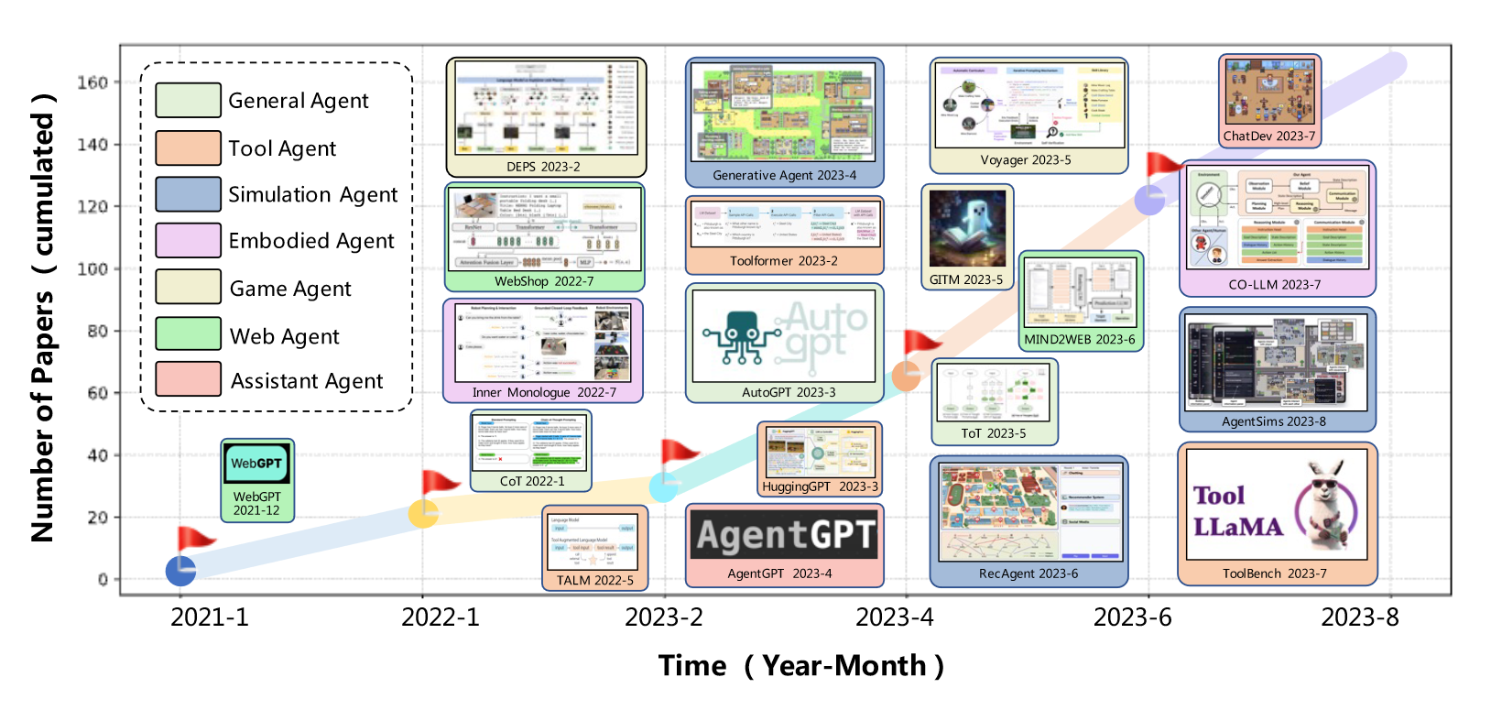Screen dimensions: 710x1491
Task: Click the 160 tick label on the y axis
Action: [92, 82]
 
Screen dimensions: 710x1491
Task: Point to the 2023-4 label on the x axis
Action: [894, 617]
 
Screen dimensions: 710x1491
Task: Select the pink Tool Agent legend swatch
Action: [188, 147]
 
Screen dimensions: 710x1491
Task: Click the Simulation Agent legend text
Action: [312, 194]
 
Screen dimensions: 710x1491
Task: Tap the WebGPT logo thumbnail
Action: [256, 464]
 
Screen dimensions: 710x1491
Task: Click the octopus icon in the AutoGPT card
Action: [739, 335]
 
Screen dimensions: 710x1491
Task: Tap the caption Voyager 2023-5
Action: [1025, 160]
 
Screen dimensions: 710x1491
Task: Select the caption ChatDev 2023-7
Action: [1268, 137]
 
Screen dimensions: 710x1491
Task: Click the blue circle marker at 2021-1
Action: [180, 571]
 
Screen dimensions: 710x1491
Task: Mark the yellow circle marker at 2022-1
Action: [422, 514]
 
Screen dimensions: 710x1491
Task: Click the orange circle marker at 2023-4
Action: [906, 377]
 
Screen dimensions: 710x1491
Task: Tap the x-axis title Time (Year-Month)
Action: [800, 666]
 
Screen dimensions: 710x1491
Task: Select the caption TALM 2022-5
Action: [594, 580]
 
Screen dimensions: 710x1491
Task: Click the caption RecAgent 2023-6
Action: [1028, 573]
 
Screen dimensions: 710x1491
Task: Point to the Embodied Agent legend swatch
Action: [188, 240]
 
